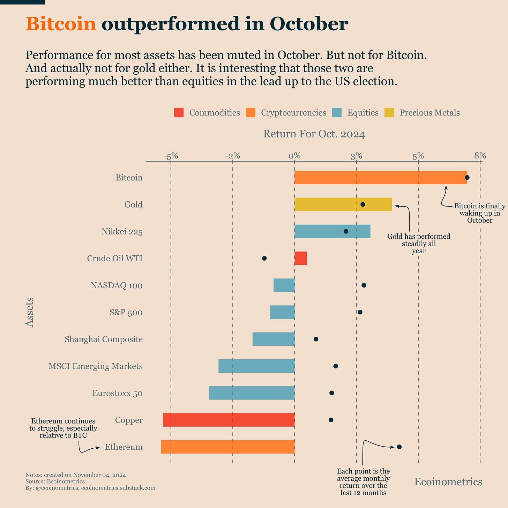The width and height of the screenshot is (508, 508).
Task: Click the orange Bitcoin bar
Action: [x=380, y=178]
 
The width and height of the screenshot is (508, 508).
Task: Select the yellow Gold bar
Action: [x=343, y=204]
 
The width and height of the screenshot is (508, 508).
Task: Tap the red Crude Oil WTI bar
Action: [x=300, y=258]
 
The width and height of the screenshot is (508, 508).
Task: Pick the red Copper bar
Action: [x=229, y=420]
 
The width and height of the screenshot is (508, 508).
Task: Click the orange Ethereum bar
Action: [x=227, y=447]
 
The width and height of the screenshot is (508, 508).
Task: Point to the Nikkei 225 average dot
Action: [x=346, y=231]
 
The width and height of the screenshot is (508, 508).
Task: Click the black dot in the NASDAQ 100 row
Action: [x=364, y=285]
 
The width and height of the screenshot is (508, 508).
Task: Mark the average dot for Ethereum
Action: [x=399, y=447]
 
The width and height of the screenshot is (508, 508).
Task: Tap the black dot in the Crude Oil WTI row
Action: [x=264, y=258]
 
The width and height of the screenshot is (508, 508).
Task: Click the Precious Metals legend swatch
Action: [x=389, y=113]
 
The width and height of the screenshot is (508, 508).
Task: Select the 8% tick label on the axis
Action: [x=480, y=156]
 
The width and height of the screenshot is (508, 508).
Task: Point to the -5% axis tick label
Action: [x=171, y=156]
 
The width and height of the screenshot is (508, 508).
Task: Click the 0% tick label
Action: [x=294, y=156]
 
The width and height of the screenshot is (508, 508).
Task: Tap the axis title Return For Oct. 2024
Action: [x=314, y=134]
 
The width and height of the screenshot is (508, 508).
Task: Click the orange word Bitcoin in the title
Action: [x=61, y=24]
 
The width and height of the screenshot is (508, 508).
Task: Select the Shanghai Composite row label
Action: [x=104, y=339]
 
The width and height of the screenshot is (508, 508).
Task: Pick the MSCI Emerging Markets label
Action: [x=96, y=366]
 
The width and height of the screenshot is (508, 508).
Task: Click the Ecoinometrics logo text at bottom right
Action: [x=448, y=482]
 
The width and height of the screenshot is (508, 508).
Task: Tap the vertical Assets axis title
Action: [x=30, y=312]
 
